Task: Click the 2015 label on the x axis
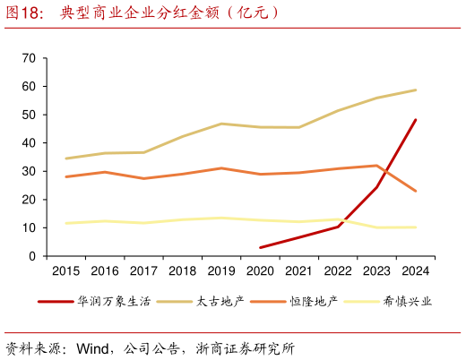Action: tap(65, 270)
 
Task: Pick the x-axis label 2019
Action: tap(220, 270)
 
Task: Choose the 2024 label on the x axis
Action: tap(415, 270)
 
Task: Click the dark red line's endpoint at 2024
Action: tap(415, 120)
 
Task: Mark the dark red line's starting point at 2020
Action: tap(260, 248)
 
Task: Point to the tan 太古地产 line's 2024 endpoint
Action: tap(415, 90)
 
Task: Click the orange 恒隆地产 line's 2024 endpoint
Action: tap(415, 191)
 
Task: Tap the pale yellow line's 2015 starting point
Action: tap(65, 223)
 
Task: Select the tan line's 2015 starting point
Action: tap(65, 159)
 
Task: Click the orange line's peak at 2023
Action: tap(376, 166)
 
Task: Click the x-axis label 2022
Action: tap(337, 270)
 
